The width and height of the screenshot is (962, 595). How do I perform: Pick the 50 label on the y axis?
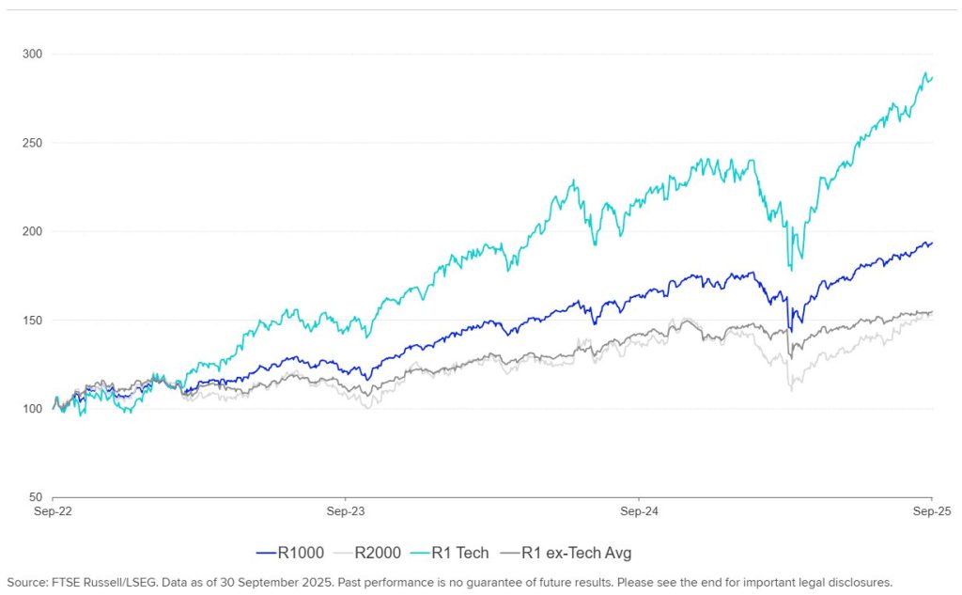[x=34, y=497]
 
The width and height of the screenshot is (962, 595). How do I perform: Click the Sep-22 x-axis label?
[x=53, y=512]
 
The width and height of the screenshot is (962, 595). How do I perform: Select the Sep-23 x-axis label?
[x=346, y=512]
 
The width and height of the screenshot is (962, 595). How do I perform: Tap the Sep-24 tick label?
[x=639, y=512]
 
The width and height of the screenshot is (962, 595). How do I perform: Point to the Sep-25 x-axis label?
[x=931, y=512]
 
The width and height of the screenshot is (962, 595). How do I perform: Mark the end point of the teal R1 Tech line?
[x=932, y=77]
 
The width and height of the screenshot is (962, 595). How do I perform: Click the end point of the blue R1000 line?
[x=932, y=243]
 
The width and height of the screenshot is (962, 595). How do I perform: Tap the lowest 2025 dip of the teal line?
[x=790, y=271]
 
